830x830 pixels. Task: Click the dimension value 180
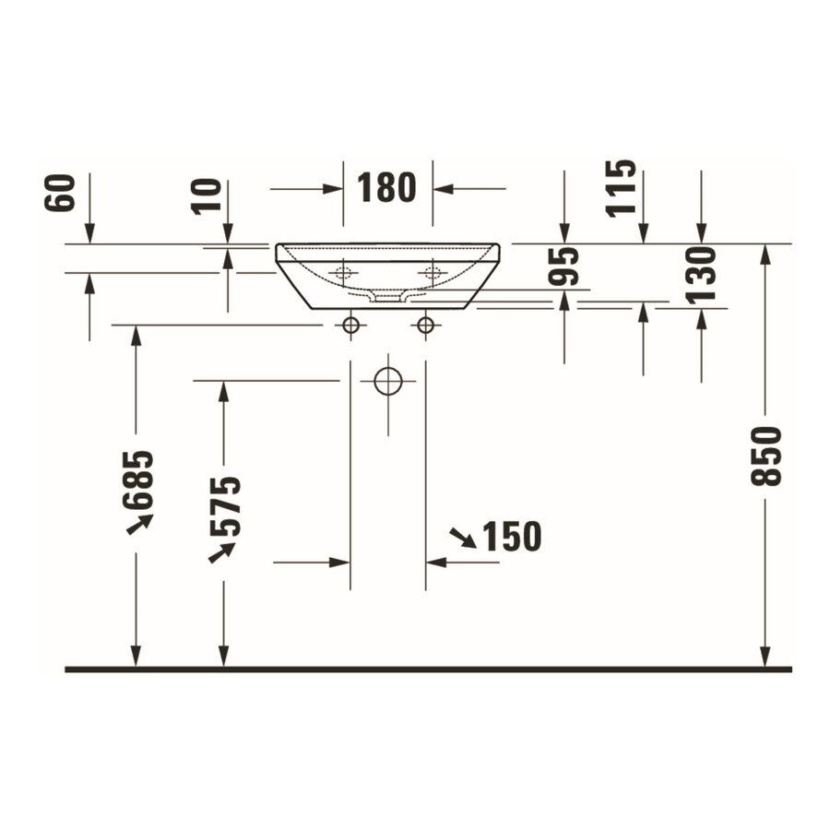point(387,189)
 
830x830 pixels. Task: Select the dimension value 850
point(765,456)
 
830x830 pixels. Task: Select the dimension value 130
point(701,275)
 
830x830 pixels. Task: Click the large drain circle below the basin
point(388,381)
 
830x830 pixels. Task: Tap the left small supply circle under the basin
point(350,325)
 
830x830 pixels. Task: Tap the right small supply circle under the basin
point(425,325)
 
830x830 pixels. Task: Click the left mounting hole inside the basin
point(343,272)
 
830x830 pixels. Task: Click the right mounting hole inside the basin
point(432,272)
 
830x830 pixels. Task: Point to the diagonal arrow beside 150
point(463,538)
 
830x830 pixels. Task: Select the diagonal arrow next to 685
point(139,524)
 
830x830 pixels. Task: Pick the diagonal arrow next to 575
point(221,551)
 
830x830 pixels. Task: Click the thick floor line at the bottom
point(428,669)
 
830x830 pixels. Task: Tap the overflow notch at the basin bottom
point(387,296)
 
